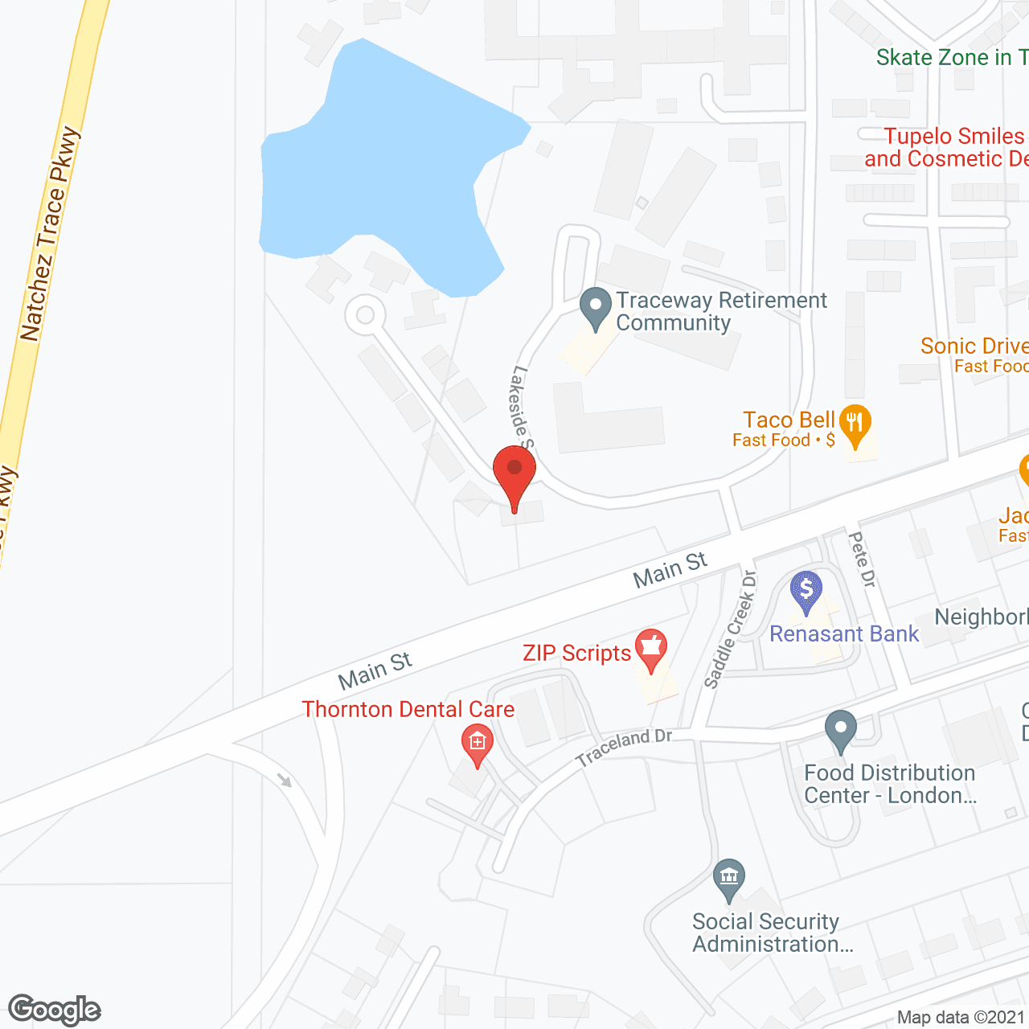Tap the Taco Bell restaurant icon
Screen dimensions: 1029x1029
click(x=855, y=423)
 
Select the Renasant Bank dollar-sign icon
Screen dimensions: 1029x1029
click(x=806, y=591)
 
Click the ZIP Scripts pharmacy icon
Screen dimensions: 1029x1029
click(x=651, y=648)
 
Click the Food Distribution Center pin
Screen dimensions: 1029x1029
click(x=841, y=730)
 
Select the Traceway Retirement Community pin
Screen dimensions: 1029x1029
click(x=596, y=308)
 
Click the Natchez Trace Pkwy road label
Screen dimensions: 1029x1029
click(x=50, y=234)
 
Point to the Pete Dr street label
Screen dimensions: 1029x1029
click(x=862, y=559)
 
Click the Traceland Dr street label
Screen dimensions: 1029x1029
click(x=623, y=747)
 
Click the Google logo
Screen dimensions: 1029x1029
click(x=55, y=1010)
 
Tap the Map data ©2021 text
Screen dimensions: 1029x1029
click(x=961, y=1018)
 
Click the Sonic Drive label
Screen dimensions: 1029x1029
click(x=974, y=346)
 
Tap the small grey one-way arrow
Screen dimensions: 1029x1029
click(x=284, y=779)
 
